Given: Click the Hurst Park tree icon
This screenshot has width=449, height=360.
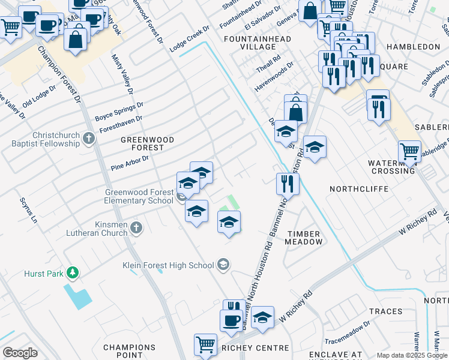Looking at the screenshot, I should [73, 273].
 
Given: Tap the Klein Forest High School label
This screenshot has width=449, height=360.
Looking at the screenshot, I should [168, 265].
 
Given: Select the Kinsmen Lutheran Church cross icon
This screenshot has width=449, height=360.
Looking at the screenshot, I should [137, 227].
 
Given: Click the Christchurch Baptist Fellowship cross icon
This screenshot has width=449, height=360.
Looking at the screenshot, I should [89, 139].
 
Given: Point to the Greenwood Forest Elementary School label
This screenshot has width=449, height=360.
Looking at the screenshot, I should [139, 196].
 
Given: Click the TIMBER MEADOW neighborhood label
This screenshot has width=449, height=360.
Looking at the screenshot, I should [304, 238].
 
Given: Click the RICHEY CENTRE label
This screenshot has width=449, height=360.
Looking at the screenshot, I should [247, 347].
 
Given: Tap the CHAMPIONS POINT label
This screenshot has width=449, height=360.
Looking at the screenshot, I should [130, 352].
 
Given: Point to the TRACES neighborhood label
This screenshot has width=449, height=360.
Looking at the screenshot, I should [386, 311].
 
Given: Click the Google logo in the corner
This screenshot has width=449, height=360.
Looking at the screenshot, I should [20, 353].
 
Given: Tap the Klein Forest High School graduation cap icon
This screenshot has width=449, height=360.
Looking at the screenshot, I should [223, 265].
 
